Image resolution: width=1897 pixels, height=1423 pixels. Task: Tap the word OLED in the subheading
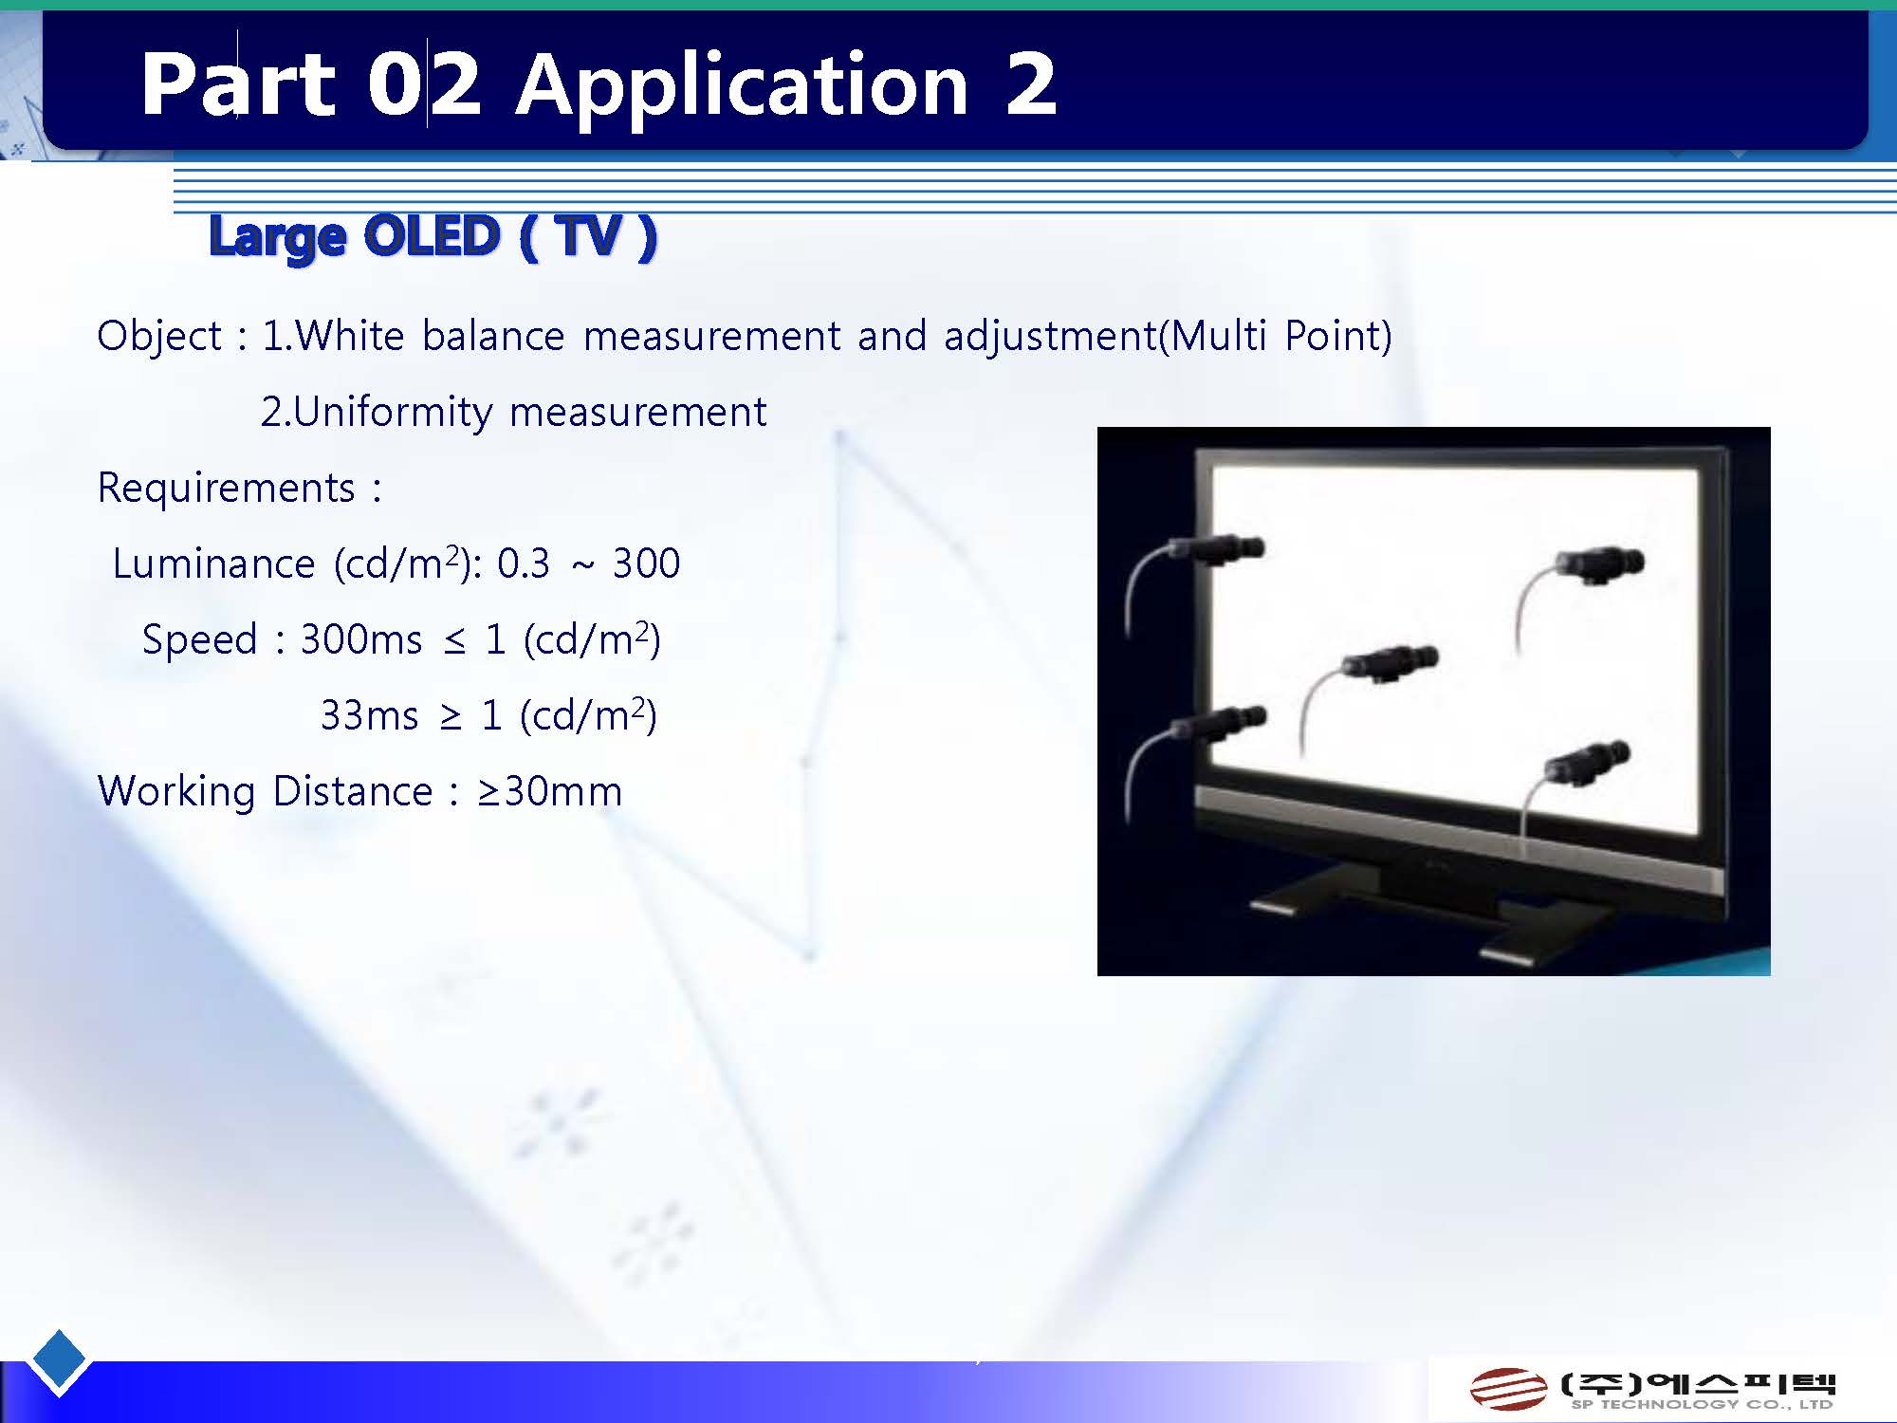[431, 235]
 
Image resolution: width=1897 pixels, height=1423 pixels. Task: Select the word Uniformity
[393, 413]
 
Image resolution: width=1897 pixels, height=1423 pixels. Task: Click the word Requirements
[227, 489]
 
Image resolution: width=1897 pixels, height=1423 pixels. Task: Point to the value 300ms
[361, 639]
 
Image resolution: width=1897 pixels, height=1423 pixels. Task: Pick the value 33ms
[369, 715]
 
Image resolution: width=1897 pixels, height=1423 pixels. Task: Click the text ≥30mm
[550, 791]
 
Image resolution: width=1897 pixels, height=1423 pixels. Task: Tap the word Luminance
[213, 564]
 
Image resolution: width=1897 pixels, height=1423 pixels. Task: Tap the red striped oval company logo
[1508, 1390]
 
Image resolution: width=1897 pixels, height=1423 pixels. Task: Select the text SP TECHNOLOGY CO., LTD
[1702, 1405]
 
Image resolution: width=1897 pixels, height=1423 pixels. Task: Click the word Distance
[353, 791]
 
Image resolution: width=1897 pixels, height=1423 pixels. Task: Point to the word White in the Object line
[350, 336]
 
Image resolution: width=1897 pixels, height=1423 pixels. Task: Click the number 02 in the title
[424, 85]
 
